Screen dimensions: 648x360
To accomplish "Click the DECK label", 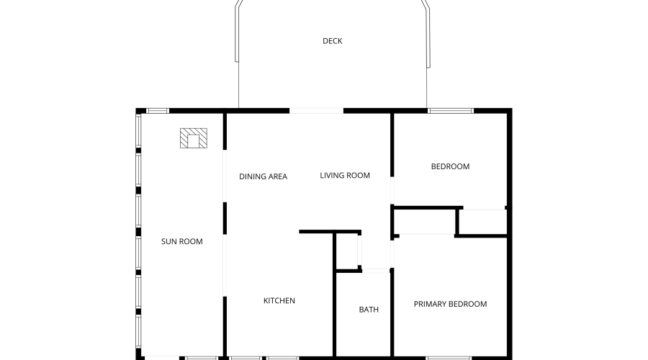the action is coord(332,41).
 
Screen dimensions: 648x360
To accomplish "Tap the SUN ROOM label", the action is coord(182,241).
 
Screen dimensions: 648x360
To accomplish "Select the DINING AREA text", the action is coord(264,176).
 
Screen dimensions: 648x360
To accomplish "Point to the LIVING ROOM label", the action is coord(345,175).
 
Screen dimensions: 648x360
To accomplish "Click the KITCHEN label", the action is coord(279,300).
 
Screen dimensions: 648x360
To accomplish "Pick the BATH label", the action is coord(369,310).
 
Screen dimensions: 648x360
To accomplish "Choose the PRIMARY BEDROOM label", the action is coord(450,305).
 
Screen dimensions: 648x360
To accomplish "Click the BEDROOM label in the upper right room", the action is coord(450,166).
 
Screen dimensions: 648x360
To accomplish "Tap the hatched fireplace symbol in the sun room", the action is coord(194,138).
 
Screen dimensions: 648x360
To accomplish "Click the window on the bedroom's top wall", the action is coord(451,111).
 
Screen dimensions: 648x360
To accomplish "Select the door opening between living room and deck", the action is coord(316,111).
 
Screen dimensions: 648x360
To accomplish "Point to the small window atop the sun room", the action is coord(158,111).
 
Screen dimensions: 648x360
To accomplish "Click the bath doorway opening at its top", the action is coord(376,271).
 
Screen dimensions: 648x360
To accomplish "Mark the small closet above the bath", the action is coord(347,251).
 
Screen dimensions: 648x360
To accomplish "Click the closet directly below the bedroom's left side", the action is coord(425,222).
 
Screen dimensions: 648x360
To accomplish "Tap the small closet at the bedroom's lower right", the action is coord(482,222).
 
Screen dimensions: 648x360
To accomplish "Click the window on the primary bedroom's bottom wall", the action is coord(449,358).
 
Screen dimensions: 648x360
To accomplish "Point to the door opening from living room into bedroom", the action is coord(392,191).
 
